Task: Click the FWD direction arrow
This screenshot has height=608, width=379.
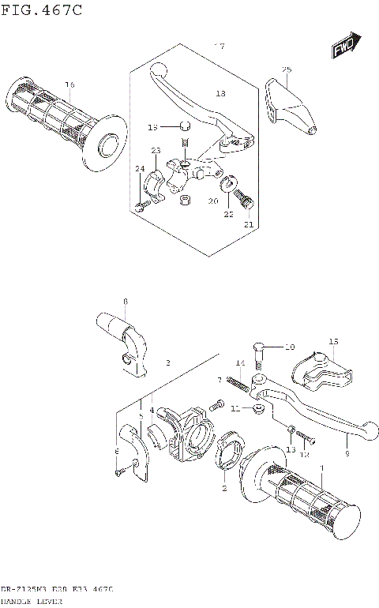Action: pos(345,46)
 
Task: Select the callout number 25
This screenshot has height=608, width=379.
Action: pos(287,70)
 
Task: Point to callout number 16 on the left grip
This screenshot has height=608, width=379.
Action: pos(69,84)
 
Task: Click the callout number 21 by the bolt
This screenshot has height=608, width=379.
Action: pos(250,225)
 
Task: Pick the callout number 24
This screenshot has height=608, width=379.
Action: pos(139,169)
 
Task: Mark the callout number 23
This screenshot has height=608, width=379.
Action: pos(156,151)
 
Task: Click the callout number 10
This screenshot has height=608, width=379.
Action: pos(289,347)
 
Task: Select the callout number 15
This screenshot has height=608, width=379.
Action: pos(333,342)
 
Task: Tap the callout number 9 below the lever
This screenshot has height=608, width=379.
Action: pos(346,454)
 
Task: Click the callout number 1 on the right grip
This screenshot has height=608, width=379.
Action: pos(321,467)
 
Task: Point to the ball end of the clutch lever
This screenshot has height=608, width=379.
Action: pos(156,69)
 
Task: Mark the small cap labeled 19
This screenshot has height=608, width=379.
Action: pos(182,126)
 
